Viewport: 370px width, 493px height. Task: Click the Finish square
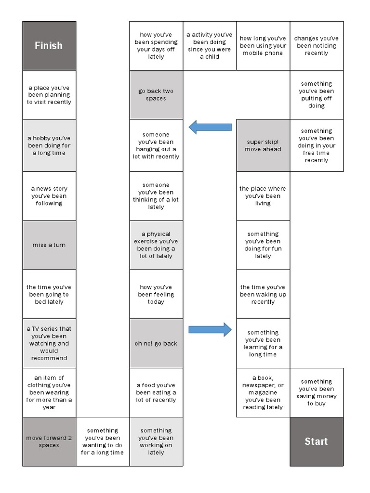tap(49, 46)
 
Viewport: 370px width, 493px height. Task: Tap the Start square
tap(316, 441)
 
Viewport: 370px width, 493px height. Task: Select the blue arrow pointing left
tap(210, 127)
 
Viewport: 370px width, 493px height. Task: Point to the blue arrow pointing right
tap(210, 330)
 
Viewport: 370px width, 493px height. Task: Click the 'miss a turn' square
tap(49, 245)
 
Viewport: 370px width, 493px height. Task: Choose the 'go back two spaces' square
tap(156, 95)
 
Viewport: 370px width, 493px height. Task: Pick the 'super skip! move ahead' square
tap(263, 145)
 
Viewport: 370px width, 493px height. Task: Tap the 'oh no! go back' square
tap(156, 343)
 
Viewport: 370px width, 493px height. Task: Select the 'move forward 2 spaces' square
tap(49, 441)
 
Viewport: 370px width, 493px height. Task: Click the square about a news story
tap(49, 196)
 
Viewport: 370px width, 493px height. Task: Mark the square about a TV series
tap(49, 343)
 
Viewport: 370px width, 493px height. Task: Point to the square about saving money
tap(316, 392)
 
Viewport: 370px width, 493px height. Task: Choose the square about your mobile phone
tap(263, 46)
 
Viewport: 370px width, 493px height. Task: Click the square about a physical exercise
tap(156, 245)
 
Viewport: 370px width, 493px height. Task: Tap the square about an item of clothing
tap(49, 392)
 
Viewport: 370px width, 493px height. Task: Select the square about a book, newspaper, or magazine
tap(263, 392)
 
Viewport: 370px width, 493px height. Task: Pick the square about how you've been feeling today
tap(156, 294)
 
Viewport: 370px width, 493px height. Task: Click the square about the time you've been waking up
tap(263, 294)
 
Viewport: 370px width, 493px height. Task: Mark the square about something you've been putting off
tap(316, 95)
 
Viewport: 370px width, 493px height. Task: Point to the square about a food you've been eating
tap(156, 392)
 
